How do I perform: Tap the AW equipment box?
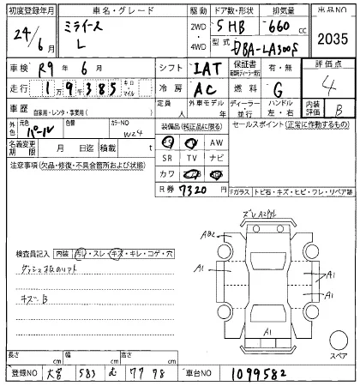[216, 142]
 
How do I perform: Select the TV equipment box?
[193, 159]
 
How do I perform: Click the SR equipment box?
[169, 159]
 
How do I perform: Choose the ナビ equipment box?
[216, 159]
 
